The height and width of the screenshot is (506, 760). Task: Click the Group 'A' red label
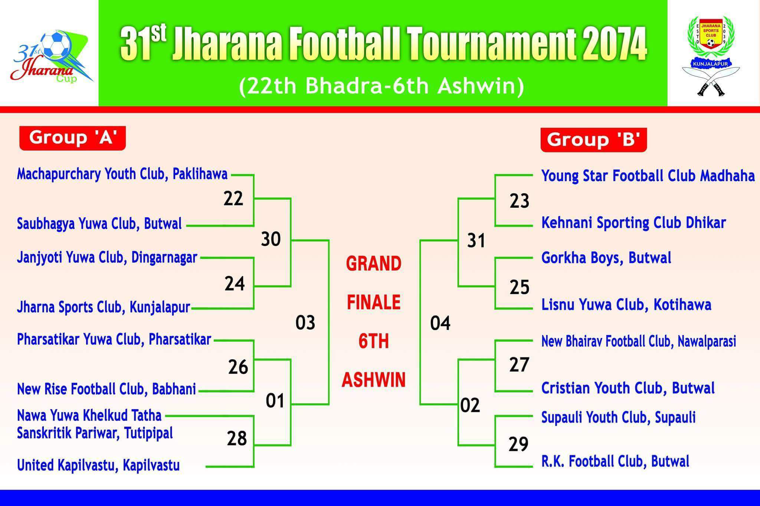pyautogui.click(x=72, y=138)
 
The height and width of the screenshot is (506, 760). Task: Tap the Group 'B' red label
pyautogui.click(x=594, y=140)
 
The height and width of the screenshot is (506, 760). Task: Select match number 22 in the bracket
pyautogui.click(x=233, y=199)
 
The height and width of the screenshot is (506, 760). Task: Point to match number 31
pyautogui.click(x=476, y=241)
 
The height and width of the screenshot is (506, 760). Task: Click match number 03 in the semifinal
pyautogui.click(x=305, y=323)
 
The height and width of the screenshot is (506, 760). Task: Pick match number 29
pyautogui.click(x=518, y=444)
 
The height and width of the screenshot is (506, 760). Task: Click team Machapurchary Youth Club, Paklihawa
pyautogui.click(x=122, y=174)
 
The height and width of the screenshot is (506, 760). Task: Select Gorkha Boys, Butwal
pyautogui.click(x=606, y=258)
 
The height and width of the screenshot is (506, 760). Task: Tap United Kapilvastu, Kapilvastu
pyautogui.click(x=98, y=465)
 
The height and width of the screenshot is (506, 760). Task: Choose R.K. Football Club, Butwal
pyautogui.click(x=615, y=462)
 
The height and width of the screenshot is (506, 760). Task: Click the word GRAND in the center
pyautogui.click(x=374, y=264)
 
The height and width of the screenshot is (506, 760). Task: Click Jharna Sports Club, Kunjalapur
pyautogui.click(x=104, y=307)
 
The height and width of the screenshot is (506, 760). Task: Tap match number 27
pyautogui.click(x=519, y=365)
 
